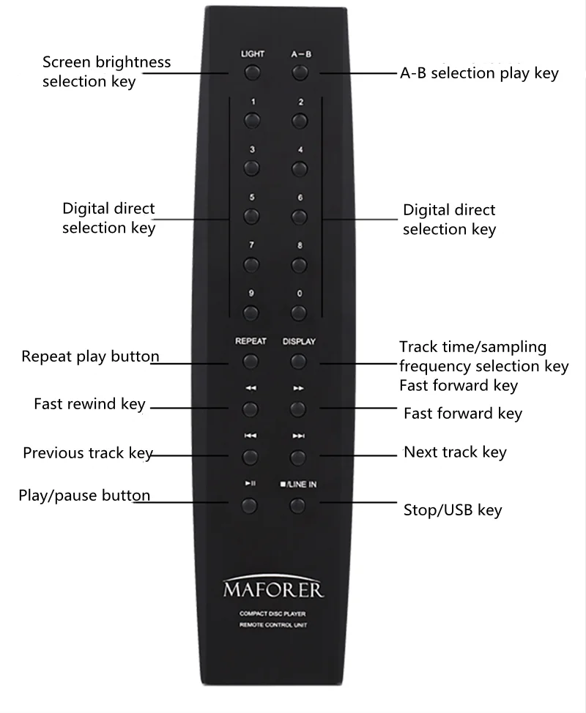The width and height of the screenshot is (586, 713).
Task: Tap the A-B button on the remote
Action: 298,73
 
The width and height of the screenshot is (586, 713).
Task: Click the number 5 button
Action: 251,216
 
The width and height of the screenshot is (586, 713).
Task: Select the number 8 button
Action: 298,265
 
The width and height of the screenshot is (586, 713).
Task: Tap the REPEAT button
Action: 251,361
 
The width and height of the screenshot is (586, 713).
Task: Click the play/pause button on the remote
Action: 250,505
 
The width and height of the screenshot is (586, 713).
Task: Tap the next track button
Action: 297,458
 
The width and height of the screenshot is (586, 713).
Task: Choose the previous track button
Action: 251,458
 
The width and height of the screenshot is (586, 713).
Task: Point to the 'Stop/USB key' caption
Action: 453,509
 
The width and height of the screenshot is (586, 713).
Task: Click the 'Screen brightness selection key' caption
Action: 106,71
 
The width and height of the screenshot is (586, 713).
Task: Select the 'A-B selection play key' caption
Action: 479,73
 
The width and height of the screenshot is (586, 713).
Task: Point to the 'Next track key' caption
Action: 455,452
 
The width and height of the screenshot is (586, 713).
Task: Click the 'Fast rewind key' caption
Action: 89,404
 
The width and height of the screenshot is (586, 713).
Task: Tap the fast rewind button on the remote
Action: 251,408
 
